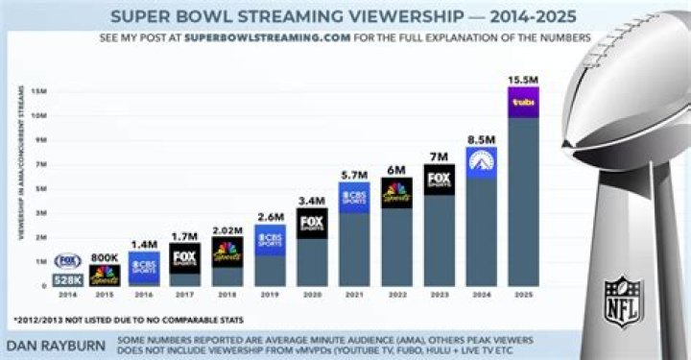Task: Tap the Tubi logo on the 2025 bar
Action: pos(523,102)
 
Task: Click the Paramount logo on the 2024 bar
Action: pos(481,162)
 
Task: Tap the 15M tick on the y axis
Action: pos(39,90)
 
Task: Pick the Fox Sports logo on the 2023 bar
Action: pos(440,180)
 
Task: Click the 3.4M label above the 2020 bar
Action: pos(313,199)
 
